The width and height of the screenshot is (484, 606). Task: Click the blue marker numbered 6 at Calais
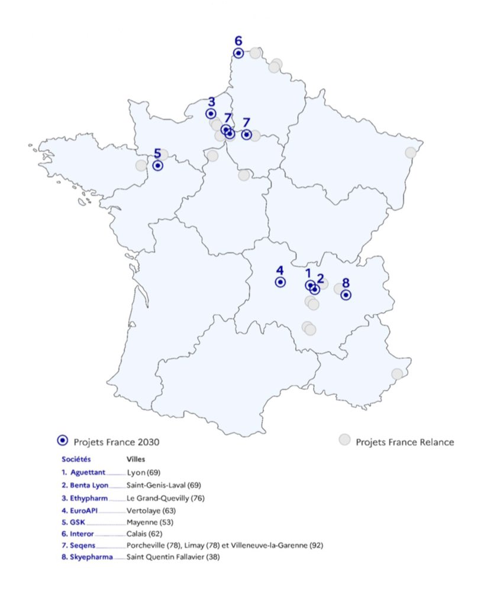point(238,53)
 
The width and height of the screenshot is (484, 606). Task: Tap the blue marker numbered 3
point(211,114)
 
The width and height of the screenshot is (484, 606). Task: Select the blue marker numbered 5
point(158,166)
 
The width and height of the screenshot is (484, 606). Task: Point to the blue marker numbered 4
point(280,282)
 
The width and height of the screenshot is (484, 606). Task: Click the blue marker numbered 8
point(346,294)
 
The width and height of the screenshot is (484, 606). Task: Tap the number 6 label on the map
point(238,41)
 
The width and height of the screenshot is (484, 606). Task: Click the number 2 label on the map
point(320,278)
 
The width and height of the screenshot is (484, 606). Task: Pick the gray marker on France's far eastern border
point(410,153)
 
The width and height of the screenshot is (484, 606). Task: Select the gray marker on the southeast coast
point(397,374)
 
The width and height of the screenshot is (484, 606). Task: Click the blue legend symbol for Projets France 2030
point(62,440)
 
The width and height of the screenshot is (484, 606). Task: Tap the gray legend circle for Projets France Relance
point(344,440)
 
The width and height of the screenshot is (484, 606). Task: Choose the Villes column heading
point(136,459)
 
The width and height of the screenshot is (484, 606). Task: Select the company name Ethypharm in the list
point(90,498)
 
